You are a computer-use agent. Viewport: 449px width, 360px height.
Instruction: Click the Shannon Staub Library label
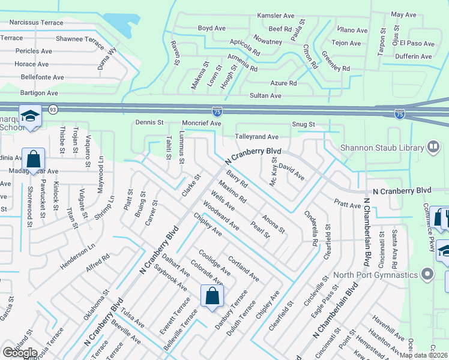tap(382, 148)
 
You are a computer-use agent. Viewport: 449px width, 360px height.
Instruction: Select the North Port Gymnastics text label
tap(375, 275)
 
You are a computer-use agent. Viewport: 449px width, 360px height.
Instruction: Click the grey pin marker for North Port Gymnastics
tap(427, 275)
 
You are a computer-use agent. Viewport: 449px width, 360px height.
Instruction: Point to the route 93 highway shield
tap(53, 109)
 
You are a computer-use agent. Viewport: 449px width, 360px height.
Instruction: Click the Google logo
tap(20, 353)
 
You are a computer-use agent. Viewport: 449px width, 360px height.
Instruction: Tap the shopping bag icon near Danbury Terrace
tap(212, 296)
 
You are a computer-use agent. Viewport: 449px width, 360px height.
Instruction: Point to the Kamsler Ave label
tap(276, 15)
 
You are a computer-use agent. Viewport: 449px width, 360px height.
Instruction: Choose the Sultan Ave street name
tap(265, 95)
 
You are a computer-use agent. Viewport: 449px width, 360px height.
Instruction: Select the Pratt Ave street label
tap(348, 205)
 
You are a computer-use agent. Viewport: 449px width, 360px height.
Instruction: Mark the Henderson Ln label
tap(77, 256)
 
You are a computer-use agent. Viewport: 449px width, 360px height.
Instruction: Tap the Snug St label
tap(303, 124)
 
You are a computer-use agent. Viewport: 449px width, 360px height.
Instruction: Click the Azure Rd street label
tap(284, 83)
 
